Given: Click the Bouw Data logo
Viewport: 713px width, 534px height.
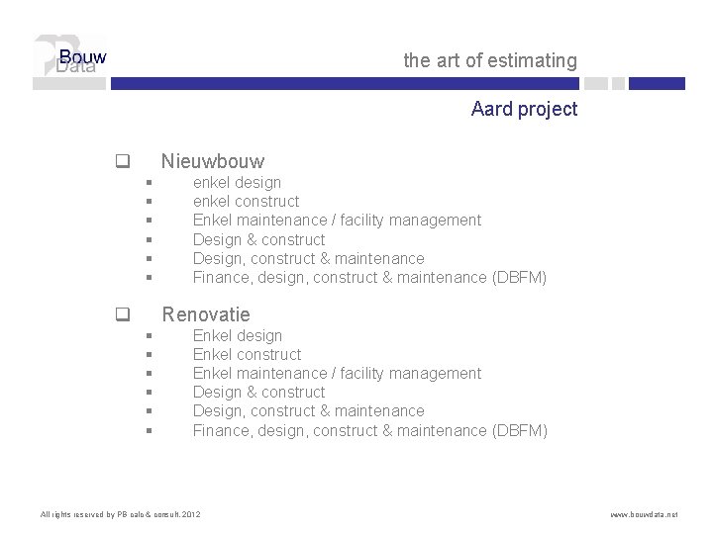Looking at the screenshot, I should pyautogui.click(x=69, y=61).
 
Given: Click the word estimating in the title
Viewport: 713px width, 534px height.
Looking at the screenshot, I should pyautogui.click(x=532, y=61).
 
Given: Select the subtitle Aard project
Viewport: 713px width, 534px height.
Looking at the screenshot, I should pyautogui.click(x=524, y=109).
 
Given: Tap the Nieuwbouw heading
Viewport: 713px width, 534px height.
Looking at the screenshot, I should pyautogui.click(x=213, y=160).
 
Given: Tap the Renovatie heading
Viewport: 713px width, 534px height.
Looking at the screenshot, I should pyautogui.click(x=206, y=314).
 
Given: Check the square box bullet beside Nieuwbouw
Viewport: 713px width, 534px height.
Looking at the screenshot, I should pyautogui.click(x=123, y=160).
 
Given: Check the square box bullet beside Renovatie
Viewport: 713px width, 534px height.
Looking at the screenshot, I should pyautogui.click(x=123, y=315).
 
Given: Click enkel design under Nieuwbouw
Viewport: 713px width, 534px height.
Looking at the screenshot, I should pyautogui.click(x=237, y=183).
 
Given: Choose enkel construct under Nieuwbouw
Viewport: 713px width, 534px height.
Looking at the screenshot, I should pyautogui.click(x=246, y=202).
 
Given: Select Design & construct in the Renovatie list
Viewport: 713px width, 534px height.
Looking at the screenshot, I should pyautogui.click(x=258, y=393).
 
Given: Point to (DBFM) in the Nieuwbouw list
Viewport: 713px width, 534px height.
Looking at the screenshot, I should pyautogui.click(x=519, y=278).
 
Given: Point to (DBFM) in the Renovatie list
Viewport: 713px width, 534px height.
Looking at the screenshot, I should pyautogui.click(x=519, y=431).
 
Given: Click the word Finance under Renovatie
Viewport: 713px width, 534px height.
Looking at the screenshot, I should pyautogui.click(x=222, y=431).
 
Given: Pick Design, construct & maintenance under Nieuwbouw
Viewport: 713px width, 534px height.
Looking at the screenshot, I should pyautogui.click(x=308, y=259).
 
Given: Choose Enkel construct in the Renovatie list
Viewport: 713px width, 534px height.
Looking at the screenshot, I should pyautogui.click(x=247, y=355).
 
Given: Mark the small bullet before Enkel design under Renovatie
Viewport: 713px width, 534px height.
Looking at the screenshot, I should pyautogui.click(x=148, y=336).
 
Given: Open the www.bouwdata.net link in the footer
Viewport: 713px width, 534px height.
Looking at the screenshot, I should pyautogui.click(x=644, y=515).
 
